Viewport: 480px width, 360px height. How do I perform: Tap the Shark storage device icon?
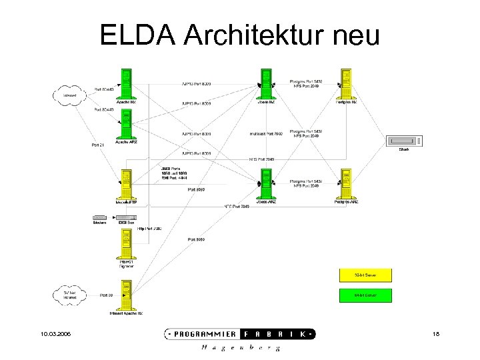[404, 141]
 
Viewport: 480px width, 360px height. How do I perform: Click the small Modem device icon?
[99, 217]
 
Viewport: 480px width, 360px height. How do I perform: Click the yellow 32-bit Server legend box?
[365, 275]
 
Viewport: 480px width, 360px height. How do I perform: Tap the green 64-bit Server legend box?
[365, 295]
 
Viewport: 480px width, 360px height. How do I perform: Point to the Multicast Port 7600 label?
[266, 134]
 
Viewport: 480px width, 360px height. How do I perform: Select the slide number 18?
[437, 333]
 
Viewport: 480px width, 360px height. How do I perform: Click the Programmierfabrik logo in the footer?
[240, 334]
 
